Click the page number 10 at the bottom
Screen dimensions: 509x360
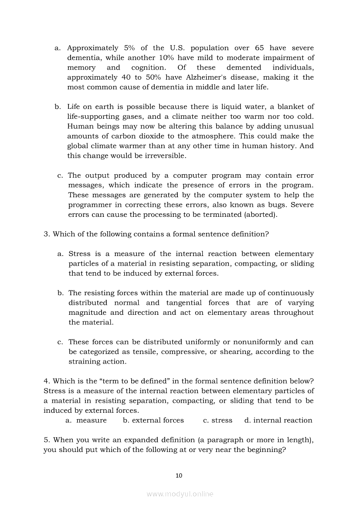click(x=179, y=475)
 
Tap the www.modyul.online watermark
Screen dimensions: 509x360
click(x=180, y=494)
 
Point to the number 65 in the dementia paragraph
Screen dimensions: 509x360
click(x=259, y=48)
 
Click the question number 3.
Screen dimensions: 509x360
click(x=46, y=234)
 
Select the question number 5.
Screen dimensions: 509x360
click(x=46, y=440)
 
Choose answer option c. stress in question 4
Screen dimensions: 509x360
click(x=217, y=421)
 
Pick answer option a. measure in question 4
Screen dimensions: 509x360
click(x=86, y=421)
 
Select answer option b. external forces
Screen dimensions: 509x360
click(x=153, y=421)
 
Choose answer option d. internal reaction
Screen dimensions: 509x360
click(x=278, y=421)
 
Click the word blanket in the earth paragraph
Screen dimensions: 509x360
click(x=289, y=107)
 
